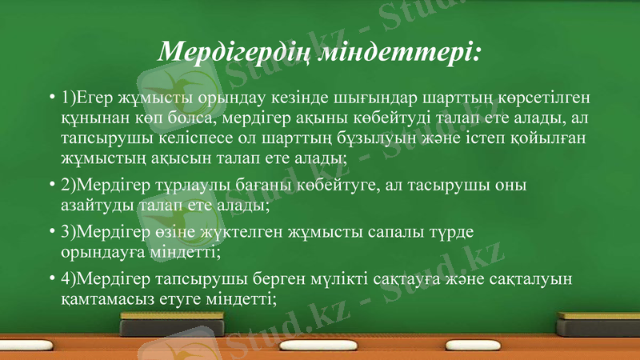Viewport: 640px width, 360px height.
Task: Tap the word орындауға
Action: click(100, 252)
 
